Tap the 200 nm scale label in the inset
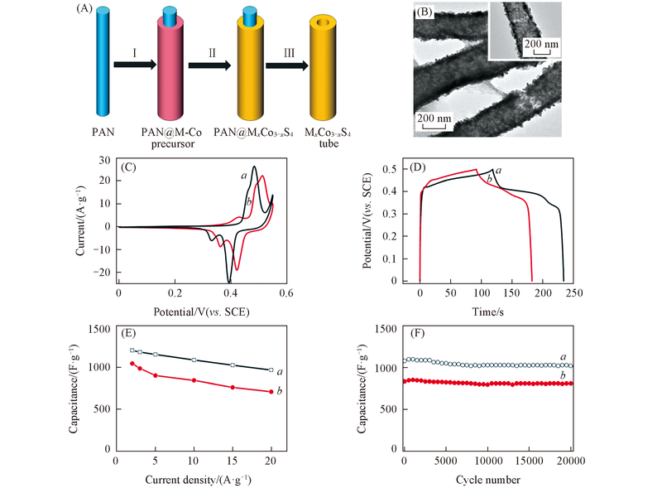click(536, 44)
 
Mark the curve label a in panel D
click(499, 170)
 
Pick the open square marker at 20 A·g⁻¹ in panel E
click(271, 370)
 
